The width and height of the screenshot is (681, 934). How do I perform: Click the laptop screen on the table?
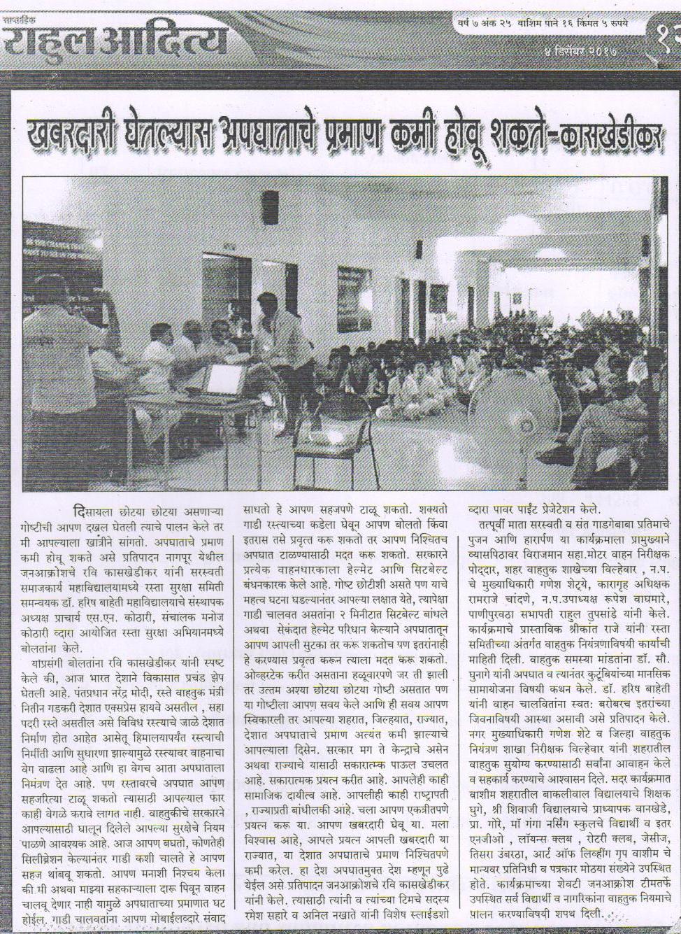[225, 378]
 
